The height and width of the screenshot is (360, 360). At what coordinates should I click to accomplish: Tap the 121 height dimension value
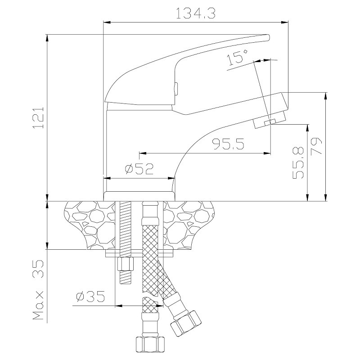38,117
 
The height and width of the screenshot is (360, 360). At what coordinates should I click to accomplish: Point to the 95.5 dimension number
228,144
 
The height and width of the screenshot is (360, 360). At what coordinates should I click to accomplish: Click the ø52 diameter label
139,169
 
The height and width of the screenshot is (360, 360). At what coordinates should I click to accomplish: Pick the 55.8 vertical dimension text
298,163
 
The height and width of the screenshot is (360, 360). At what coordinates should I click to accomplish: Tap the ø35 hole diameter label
90,297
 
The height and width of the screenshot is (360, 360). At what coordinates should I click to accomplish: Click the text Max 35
38,290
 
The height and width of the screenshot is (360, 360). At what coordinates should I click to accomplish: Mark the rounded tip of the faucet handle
268,38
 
